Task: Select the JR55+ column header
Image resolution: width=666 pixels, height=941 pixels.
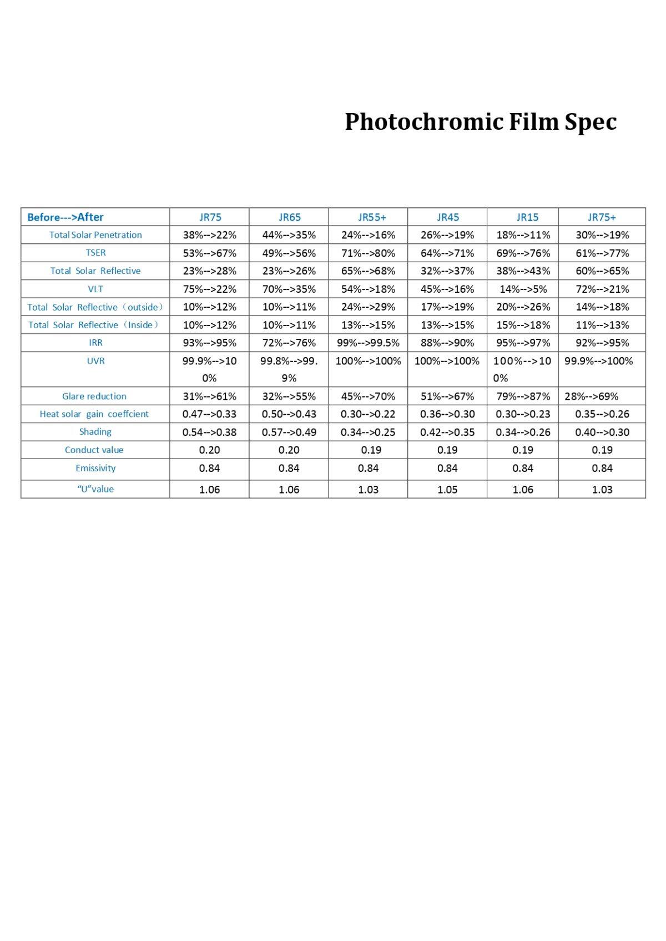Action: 371,217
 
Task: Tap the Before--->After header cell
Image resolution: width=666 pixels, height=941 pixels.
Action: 65,217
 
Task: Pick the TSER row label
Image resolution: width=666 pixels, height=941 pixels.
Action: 95,253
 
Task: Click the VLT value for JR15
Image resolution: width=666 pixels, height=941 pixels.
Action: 523,289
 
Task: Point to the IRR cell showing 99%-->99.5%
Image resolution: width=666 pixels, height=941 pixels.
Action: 368,343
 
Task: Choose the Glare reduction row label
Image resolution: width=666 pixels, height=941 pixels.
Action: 94,396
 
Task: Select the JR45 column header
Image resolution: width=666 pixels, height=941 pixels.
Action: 447,217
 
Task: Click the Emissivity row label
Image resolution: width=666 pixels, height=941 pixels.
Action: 95,468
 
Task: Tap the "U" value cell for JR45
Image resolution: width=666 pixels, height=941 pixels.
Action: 447,489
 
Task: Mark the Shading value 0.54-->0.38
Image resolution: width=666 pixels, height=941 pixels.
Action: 209,432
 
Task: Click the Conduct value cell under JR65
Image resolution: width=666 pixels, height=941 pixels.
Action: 289,450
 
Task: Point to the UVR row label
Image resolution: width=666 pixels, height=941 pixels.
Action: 95,361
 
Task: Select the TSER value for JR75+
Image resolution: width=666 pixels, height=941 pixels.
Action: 602,253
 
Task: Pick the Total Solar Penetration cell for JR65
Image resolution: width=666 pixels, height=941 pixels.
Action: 289,235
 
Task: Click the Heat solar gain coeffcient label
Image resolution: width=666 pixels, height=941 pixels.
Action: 94,414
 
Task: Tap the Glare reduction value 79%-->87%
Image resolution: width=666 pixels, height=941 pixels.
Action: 523,396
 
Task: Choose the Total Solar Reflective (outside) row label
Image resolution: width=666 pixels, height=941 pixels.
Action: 95,307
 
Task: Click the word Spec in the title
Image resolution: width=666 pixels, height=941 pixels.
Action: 591,122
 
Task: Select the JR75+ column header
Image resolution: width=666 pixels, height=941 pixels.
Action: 602,217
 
